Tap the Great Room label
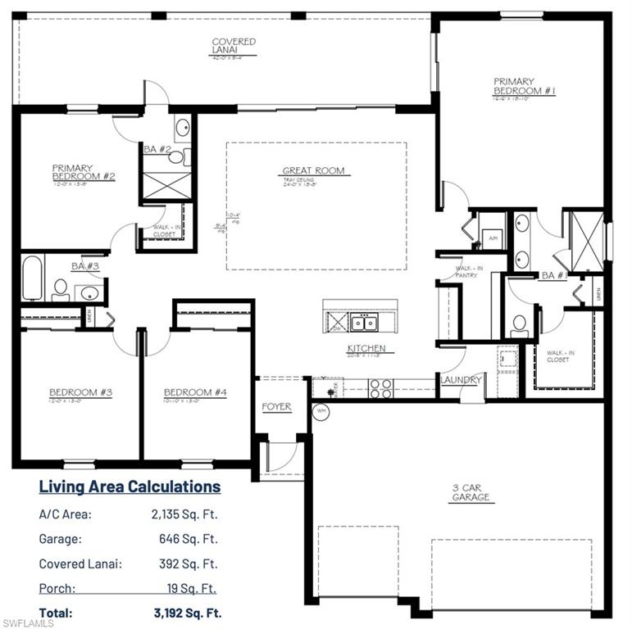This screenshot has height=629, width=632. [x=313, y=171]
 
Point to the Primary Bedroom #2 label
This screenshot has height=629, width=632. [x=83, y=172]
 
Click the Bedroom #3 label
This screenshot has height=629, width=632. [x=80, y=392]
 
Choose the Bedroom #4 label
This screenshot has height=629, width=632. [x=195, y=392]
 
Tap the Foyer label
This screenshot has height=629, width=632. [x=276, y=407]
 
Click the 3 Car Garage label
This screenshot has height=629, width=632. [x=471, y=491]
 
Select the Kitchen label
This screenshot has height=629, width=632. [x=365, y=348]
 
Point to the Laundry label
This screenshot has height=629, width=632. [x=461, y=380]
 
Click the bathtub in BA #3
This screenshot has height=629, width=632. [x=32, y=278]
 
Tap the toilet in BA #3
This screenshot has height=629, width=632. [x=60, y=288]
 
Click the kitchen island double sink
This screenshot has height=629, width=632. [x=364, y=323]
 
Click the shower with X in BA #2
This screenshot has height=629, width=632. [x=166, y=182]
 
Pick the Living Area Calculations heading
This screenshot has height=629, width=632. [x=130, y=486]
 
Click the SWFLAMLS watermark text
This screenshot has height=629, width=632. [x=28, y=623]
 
